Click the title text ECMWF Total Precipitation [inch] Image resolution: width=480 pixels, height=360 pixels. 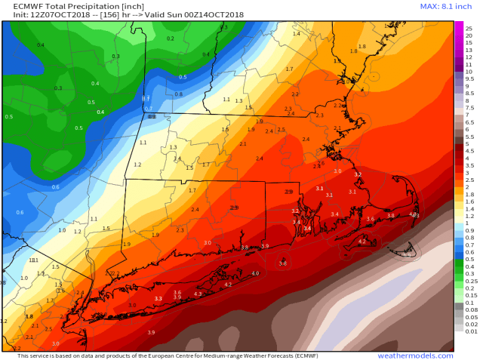[60, 6]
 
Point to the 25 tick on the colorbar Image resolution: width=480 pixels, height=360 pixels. [469, 27]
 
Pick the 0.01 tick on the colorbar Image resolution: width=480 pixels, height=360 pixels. [471, 331]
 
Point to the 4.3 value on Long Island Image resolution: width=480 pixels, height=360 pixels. [198, 294]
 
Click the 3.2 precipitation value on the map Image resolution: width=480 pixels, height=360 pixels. [358, 174]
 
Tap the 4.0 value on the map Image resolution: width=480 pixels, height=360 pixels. [255, 273]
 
